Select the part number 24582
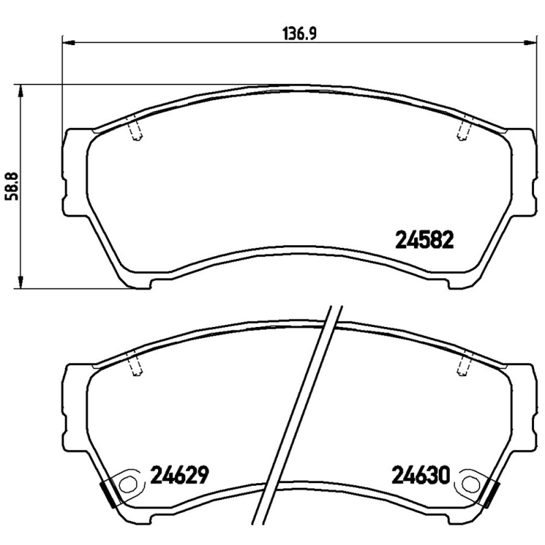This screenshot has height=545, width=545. pyautogui.click(x=424, y=239)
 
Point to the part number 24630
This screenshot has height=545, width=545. pyautogui.click(x=420, y=474)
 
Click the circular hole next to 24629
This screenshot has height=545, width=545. pyautogui.click(x=127, y=484)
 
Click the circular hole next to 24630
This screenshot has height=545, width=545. pyautogui.click(x=469, y=484)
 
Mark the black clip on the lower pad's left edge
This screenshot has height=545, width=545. pyautogui.click(x=106, y=491)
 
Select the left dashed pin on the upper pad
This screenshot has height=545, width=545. pyautogui.click(x=136, y=130)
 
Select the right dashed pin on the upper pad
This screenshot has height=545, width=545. pyautogui.click(x=464, y=130)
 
